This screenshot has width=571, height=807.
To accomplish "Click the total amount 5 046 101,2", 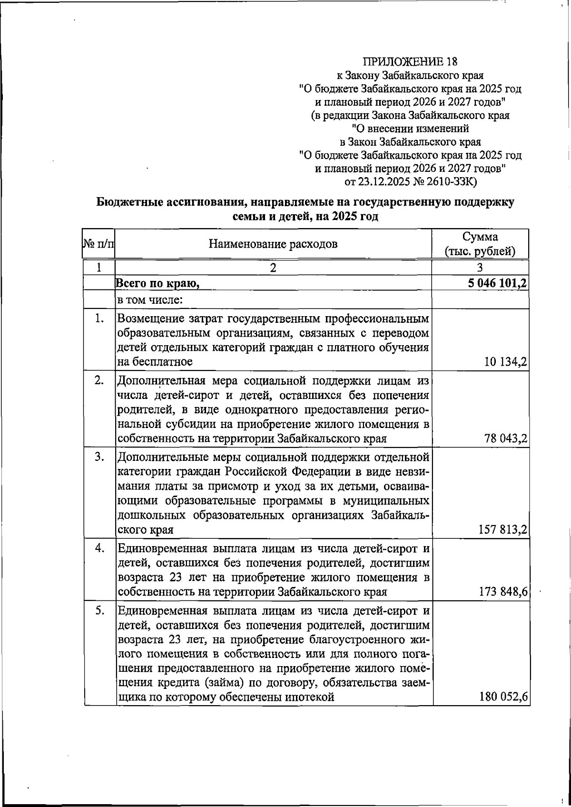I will [497, 283].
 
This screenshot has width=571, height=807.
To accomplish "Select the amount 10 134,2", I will [505, 362].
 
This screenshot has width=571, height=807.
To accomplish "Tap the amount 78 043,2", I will [505, 438].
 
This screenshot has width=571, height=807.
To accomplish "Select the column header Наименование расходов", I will [273, 244].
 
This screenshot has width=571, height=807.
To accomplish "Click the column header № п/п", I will [98, 244].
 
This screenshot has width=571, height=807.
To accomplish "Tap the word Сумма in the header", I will [480, 237].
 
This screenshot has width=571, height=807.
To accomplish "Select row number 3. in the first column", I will [99, 458].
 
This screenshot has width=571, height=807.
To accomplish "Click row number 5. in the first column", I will [99, 610].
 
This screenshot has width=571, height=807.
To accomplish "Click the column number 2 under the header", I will [273, 267].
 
